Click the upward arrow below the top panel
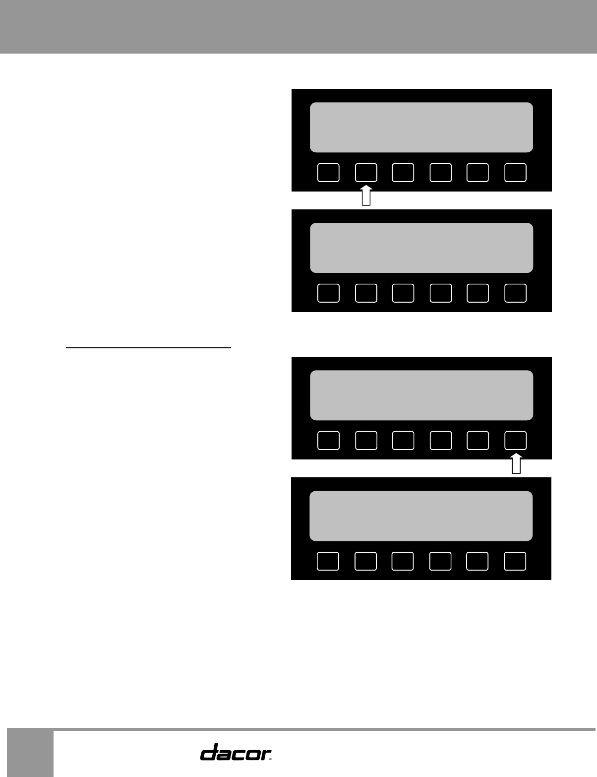click(x=366, y=195)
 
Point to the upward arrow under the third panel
click(x=516, y=464)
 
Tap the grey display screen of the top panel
click(x=421, y=128)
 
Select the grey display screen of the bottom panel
click(x=421, y=516)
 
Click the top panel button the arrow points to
click(x=366, y=172)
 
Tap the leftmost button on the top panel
click(x=328, y=172)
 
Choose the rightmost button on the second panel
click(x=515, y=293)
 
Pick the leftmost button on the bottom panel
click(x=328, y=561)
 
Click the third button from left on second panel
click(x=403, y=293)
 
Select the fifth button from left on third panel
click(x=478, y=440)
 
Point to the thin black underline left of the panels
click(x=149, y=348)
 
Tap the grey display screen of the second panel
click(x=421, y=248)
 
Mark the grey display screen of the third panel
click(x=421, y=395)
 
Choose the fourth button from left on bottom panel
click(x=440, y=561)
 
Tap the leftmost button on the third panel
click(x=328, y=440)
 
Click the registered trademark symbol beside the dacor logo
click(x=271, y=758)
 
